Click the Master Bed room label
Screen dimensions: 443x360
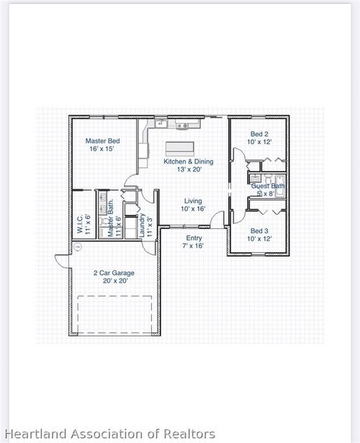(x=102, y=140)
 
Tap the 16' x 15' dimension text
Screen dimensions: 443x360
(x=102, y=149)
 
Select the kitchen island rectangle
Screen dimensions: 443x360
(x=179, y=148)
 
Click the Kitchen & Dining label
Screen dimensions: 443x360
(x=189, y=161)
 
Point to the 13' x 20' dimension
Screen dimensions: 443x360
(x=189, y=170)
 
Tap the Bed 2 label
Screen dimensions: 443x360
(x=259, y=133)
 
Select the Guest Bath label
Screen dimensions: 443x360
(x=268, y=186)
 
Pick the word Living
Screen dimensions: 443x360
(x=193, y=201)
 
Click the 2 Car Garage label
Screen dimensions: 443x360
(x=114, y=273)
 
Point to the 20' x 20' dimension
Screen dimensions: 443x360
(x=114, y=281)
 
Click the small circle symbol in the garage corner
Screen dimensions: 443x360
(x=77, y=246)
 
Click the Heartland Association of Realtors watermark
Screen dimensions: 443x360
(x=108, y=434)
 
